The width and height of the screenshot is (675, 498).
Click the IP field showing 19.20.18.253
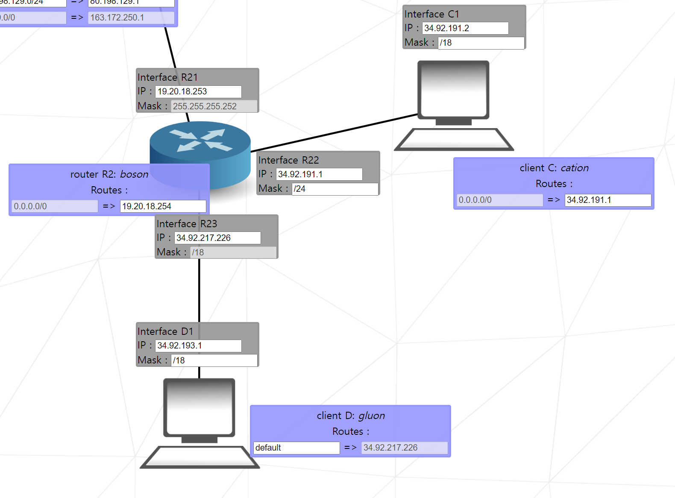coord(198,91)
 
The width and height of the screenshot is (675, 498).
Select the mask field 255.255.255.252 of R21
coord(214,106)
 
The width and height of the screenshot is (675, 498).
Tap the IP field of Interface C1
coord(465,28)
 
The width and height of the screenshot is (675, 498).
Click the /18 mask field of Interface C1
coord(481,43)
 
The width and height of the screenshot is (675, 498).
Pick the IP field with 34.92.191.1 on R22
coord(319,174)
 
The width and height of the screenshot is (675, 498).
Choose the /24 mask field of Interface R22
coord(335,189)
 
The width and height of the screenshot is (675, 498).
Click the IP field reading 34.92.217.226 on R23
coord(217,238)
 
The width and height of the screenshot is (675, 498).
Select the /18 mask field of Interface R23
coord(233,252)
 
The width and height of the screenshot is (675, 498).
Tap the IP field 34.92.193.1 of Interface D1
coord(198,346)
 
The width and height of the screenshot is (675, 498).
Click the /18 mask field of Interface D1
coord(214,360)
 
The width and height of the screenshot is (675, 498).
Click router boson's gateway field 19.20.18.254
coord(163,206)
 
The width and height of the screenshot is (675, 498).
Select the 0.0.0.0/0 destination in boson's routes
coord(55,206)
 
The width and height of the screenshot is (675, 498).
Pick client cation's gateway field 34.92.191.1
coord(607,200)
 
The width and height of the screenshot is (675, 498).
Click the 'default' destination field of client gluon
coord(296,448)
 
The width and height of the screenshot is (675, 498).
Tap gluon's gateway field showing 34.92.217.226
coord(404,448)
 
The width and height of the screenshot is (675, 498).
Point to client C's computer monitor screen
coord(453,90)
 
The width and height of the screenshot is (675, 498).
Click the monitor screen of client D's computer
coord(199,407)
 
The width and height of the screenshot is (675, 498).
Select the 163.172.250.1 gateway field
coord(131,18)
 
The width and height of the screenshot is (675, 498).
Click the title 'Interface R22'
coord(288,160)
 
